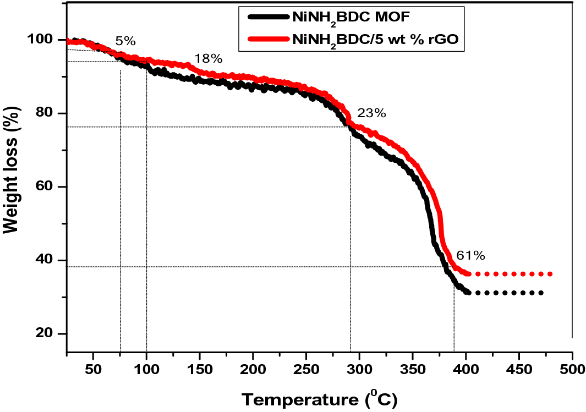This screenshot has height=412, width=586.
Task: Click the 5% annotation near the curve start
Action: click(x=125, y=41)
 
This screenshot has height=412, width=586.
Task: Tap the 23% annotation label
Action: click(x=371, y=114)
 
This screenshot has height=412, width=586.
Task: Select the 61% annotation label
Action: click(x=470, y=255)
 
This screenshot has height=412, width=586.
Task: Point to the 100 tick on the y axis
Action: click(x=44, y=40)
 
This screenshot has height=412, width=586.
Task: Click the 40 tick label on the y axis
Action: click(x=47, y=260)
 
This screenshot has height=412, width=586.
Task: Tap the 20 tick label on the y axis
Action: click(x=47, y=334)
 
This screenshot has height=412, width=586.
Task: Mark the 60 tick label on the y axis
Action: click(x=47, y=187)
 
